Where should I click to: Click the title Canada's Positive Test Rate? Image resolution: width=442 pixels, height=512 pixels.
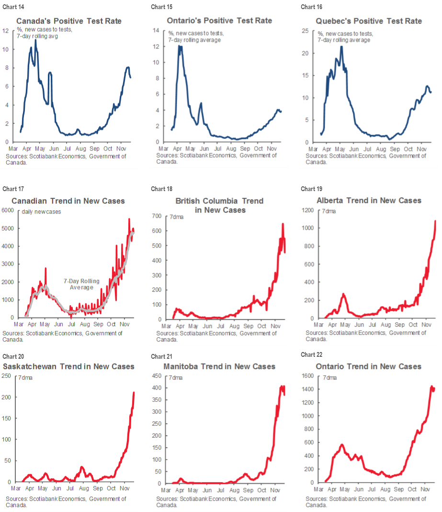click(69, 21)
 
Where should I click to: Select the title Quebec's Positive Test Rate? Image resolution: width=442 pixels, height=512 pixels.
click(369, 21)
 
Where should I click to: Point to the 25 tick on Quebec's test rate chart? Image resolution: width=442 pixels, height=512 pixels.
click(309, 31)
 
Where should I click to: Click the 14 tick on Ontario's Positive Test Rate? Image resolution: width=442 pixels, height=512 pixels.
click(156, 31)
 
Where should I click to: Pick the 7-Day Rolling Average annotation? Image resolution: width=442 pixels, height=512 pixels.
click(81, 284)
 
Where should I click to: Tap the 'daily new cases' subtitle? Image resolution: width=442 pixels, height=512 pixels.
click(42, 212)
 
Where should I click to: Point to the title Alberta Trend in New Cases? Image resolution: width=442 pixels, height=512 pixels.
click(369, 200)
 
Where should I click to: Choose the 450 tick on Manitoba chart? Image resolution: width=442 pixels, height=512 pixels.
click(158, 376)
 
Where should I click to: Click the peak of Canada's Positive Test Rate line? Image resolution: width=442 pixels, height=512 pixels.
click(35, 40)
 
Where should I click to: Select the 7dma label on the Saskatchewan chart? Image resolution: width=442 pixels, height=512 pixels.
click(26, 378)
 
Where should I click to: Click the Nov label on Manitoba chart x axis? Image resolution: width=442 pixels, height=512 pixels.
click(275, 490)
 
